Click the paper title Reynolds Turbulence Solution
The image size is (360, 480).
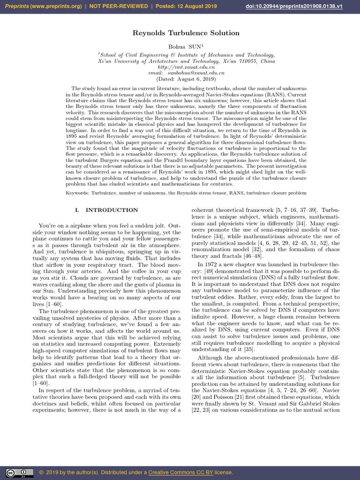click(180, 33)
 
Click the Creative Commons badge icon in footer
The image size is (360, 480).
click(19, 472)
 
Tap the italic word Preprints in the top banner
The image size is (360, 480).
click(18, 6)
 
